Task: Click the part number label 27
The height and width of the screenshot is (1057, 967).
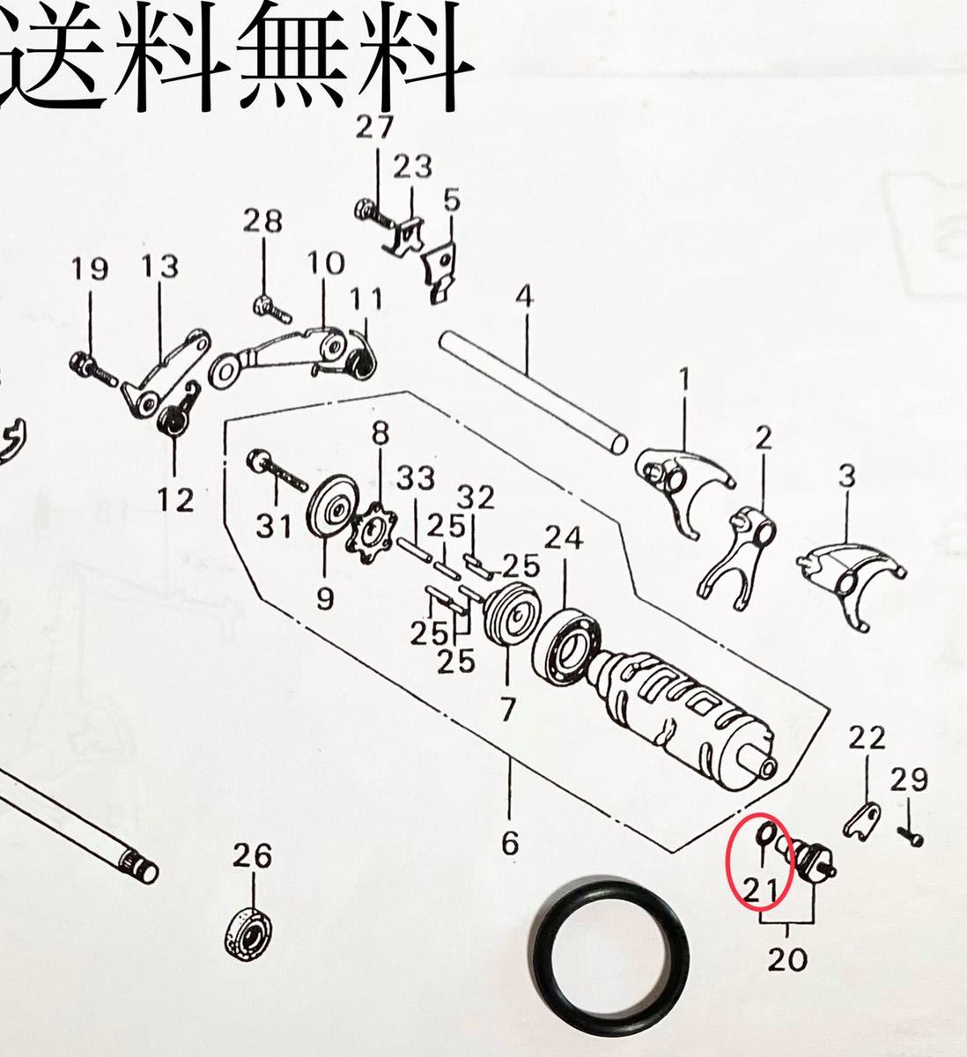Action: [x=376, y=128]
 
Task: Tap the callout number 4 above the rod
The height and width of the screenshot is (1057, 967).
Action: [x=524, y=297]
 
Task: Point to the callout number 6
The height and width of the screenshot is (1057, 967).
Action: [x=510, y=843]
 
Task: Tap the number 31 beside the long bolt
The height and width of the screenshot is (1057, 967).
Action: [x=273, y=528]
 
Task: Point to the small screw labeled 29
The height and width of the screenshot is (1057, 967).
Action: [x=910, y=835]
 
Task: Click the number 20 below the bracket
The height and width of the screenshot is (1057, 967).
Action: [x=786, y=958]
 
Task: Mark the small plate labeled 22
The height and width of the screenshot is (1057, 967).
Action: [x=861, y=820]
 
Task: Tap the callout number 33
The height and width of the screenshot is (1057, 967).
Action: [x=415, y=479]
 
